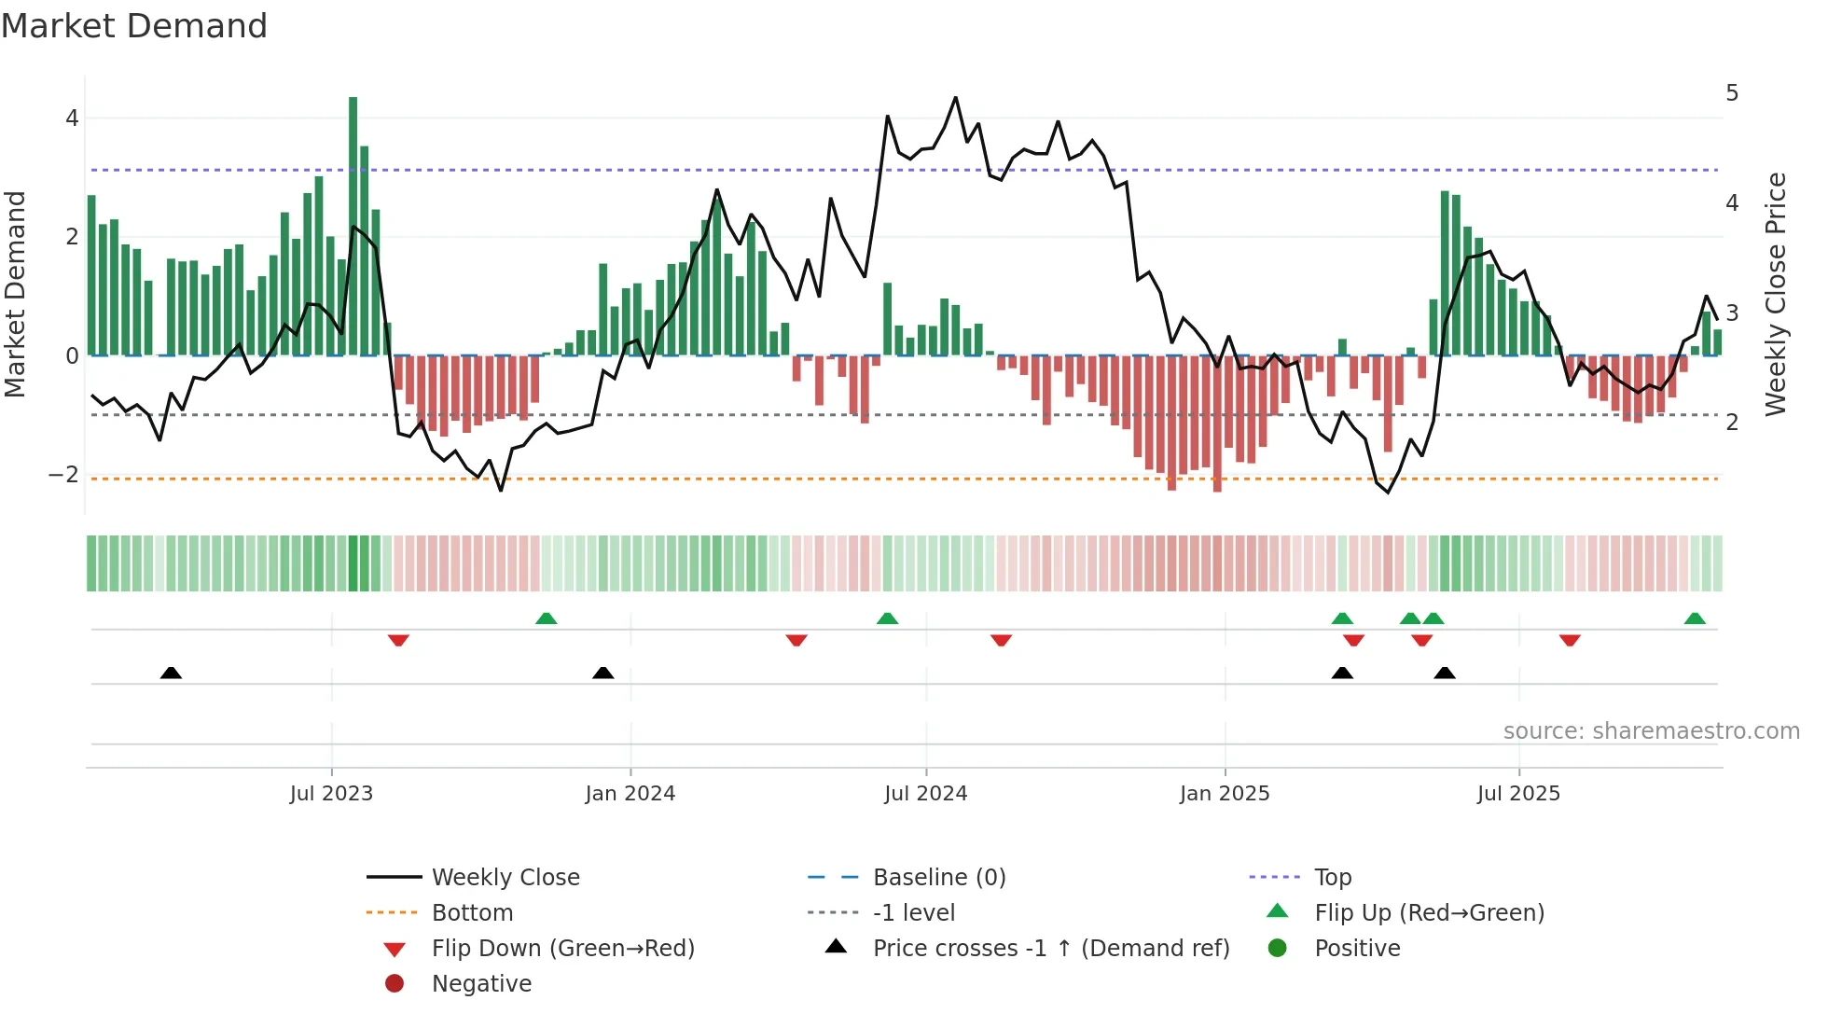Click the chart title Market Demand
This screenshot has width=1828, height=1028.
point(134,26)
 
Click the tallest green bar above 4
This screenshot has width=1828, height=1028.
point(353,224)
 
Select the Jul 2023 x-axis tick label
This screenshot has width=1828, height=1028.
point(331,794)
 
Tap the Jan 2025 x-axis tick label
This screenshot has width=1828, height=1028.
point(1225,794)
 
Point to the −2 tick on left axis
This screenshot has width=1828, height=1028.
point(63,475)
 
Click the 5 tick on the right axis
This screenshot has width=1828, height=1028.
point(1732,93)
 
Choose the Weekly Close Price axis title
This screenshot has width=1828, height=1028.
point(1776,294)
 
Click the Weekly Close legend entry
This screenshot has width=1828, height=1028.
point(505,878)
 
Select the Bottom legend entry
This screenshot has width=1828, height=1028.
point(472,913)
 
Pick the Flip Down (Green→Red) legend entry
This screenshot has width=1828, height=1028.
point(562,949)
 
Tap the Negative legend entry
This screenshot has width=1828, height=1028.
point(481,984)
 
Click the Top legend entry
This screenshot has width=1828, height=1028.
point(1333,878)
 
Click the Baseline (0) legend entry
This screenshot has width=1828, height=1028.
point(939,878)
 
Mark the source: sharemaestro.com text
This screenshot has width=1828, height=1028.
point(1651,731)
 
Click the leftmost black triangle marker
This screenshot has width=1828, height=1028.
point(171,673)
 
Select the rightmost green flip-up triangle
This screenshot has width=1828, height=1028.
point(1695,618)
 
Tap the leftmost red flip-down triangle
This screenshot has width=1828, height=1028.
point(398,640)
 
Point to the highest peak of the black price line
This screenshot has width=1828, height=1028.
point(955,98)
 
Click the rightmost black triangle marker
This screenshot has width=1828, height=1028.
point(1445,673)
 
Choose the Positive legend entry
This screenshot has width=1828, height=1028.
point(1357,949)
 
